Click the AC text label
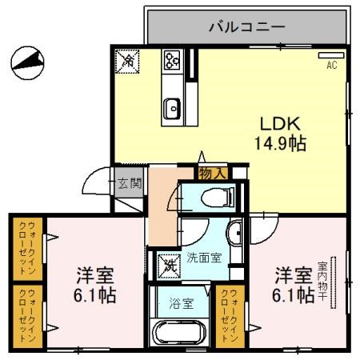pyautogui.click(x=331, y=67)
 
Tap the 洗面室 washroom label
pyautogui.click(x=204, y=258)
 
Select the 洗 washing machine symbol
pyautogui.click(x=169, y=262)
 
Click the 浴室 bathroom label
pyautogui.click(x=182, y=303)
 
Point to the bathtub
pyautogui.click(x=180, y=333)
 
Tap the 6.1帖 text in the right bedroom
pyautogui.click(x=294, y=295)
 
